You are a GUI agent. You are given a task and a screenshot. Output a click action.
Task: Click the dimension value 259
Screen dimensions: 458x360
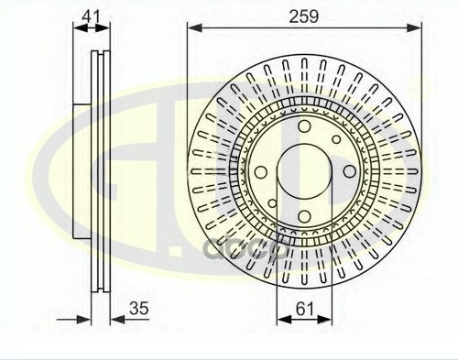303,16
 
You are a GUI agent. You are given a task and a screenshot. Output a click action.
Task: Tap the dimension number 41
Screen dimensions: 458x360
92,16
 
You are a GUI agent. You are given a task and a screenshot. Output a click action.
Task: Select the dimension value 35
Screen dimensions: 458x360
139,309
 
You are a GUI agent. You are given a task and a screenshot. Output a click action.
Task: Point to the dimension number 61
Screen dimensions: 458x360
304,309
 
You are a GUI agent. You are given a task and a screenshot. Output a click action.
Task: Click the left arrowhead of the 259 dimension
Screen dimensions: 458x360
195,28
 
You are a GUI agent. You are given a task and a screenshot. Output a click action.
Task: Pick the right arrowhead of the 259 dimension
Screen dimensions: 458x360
414,28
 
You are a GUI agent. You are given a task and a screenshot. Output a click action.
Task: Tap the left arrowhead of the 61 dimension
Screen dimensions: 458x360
284,320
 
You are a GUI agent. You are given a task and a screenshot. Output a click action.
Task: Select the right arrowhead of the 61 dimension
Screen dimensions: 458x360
324,320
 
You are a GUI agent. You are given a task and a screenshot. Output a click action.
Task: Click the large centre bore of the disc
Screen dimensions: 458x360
304,171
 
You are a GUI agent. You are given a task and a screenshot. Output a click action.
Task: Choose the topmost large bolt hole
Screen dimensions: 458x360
304,126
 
